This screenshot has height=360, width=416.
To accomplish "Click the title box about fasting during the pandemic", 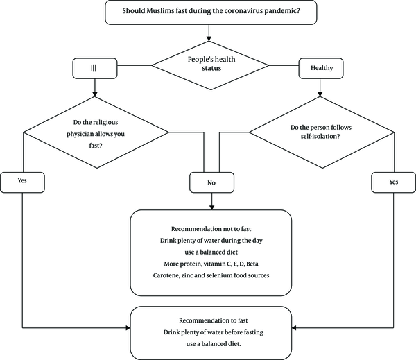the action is point(211,12).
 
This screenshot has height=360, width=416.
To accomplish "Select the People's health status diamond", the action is point(210,65).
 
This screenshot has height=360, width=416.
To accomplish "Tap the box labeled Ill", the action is point(95,69).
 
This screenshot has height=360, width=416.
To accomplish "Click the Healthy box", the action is point(321,69).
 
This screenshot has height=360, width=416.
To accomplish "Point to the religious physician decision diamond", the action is point(96,132).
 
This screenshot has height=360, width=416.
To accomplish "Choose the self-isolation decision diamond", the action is point(322,132).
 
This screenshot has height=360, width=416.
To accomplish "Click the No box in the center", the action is point(211,182).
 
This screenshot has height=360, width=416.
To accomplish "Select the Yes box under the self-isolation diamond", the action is point(393,182).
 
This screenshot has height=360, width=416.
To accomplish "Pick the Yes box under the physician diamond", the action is point(22,182).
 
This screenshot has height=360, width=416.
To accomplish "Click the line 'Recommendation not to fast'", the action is point(211,229).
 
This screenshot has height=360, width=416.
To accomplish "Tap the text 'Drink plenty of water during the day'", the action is point(211,241).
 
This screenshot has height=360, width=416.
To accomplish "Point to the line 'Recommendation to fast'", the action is point(214,320).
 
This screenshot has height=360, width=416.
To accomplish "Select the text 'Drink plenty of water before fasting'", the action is point(214,332).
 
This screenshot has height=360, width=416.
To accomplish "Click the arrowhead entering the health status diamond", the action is point(209,39).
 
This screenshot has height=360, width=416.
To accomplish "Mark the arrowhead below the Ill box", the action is point(95,94).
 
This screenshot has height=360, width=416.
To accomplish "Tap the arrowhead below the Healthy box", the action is point(320,94).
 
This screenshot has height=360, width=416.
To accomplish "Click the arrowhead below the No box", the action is point(211,207).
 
